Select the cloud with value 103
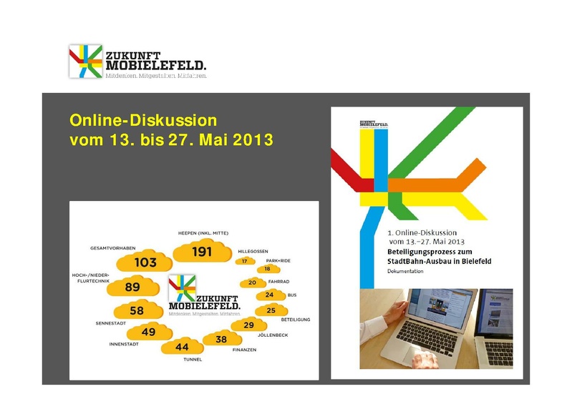[145, 262]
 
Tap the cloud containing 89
[132, 287]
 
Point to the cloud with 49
[148, 332]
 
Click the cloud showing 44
[182, 347]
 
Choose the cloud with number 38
[221, 340]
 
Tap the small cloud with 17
[245, 262]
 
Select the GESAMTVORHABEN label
[112, 247]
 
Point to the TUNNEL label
[193, 360]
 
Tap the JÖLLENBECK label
[272, 335]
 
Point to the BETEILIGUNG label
[294, 320]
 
